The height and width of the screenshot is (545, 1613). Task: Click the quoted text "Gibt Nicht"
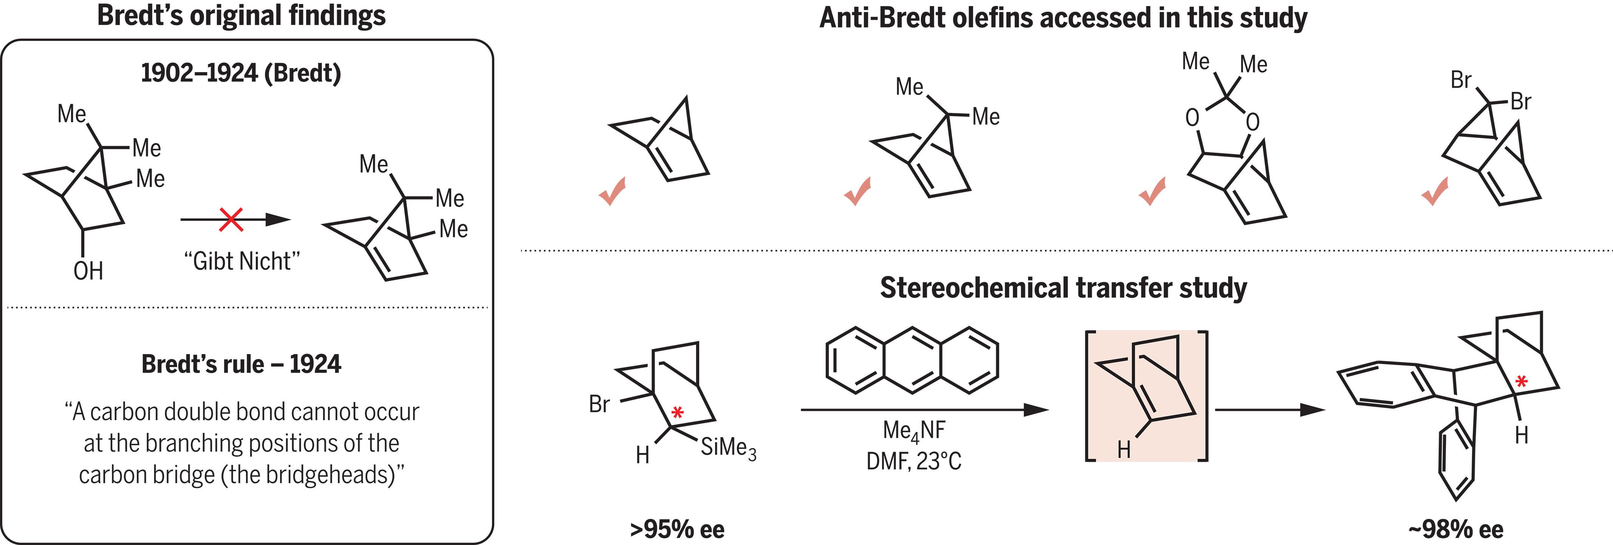tap(242, 261)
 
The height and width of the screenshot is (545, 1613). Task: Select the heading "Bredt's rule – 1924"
tap(241, 364)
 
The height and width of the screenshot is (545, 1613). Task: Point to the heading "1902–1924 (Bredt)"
tap(241, 73)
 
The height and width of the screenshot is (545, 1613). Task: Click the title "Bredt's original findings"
tap(241, 15)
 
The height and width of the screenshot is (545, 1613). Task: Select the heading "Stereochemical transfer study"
tap(1063, 288)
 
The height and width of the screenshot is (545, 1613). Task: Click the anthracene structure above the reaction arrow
tap(912, 360)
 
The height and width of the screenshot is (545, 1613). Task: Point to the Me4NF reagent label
tap(913, 430)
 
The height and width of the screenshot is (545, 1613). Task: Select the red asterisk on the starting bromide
tap(677, 412)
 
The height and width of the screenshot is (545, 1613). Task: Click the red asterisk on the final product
tap(1521, 381)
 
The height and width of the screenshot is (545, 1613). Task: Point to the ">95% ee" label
tap(677, 530)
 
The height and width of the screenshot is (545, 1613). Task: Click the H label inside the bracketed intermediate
tap(1124, 449)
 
